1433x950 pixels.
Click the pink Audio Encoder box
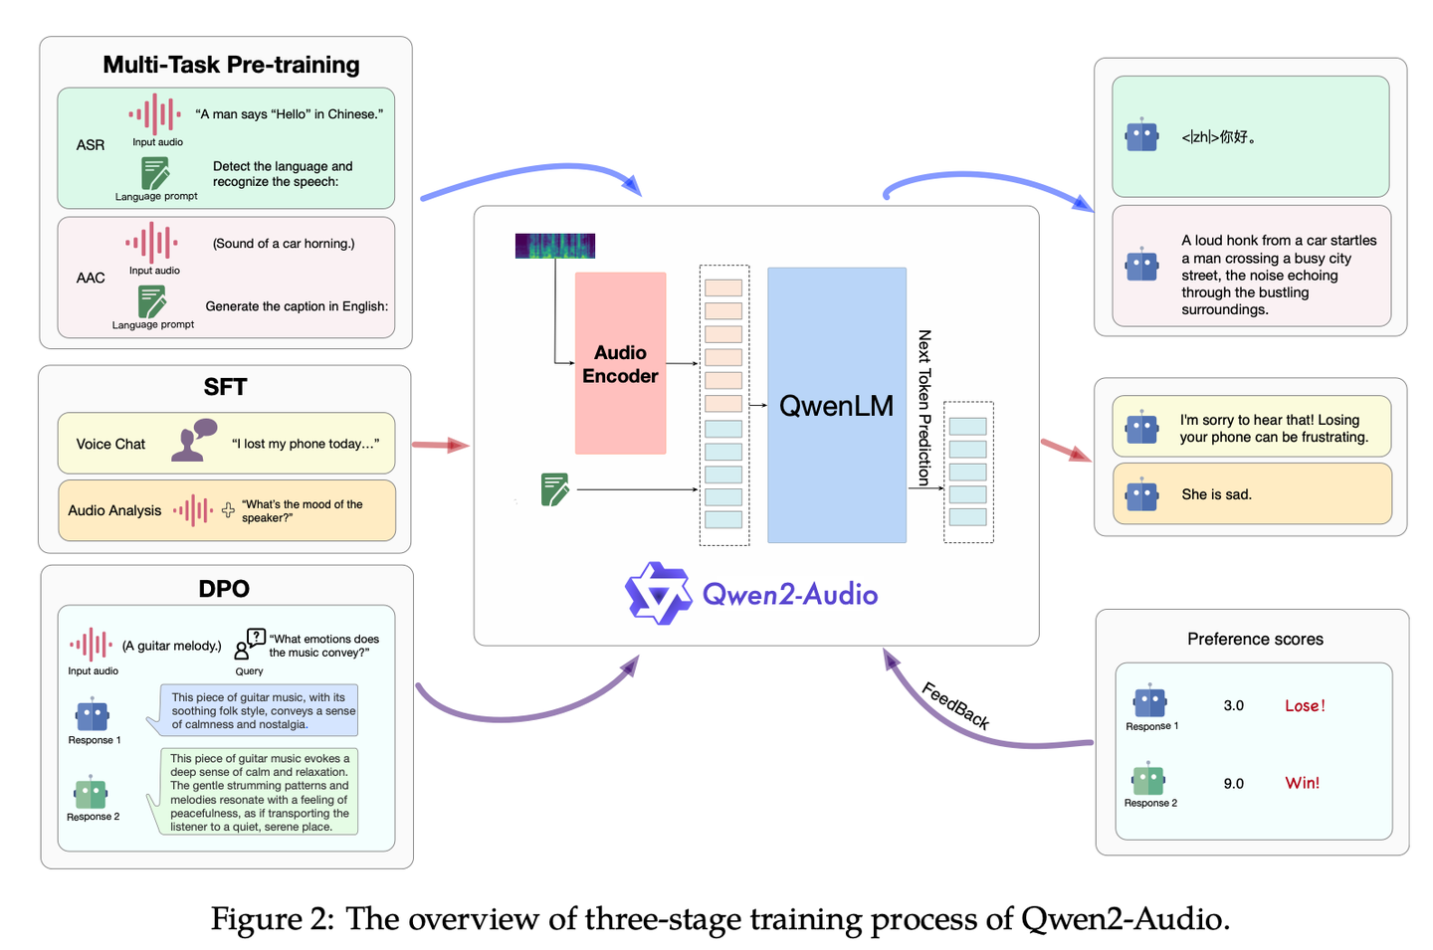pos(620,363)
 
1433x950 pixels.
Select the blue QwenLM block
pos(837,405)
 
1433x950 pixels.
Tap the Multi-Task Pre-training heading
pos(231,65)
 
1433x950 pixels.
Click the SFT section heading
pos(225,387)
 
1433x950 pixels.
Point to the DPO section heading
pos(224,588)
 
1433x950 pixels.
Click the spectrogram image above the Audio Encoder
pos(555,246)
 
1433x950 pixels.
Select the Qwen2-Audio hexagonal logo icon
pos(659,593)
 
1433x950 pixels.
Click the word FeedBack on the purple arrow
pos(955,706)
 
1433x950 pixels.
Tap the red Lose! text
pos(1305,706)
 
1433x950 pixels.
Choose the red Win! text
pos(1302,783)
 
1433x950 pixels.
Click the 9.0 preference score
pos(1233,784)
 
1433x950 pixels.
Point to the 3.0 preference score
pos(1233,706)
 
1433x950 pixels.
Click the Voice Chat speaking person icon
pos(194,440)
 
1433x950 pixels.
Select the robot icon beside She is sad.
pos(1141,494)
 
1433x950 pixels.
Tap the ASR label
pos(91,145)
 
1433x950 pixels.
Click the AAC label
pos(91,279)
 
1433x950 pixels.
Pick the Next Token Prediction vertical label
pos(924,408)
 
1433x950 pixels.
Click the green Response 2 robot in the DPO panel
pos(91,793)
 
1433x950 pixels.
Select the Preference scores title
pos(1255,639)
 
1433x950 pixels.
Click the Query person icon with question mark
pos(249,644)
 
